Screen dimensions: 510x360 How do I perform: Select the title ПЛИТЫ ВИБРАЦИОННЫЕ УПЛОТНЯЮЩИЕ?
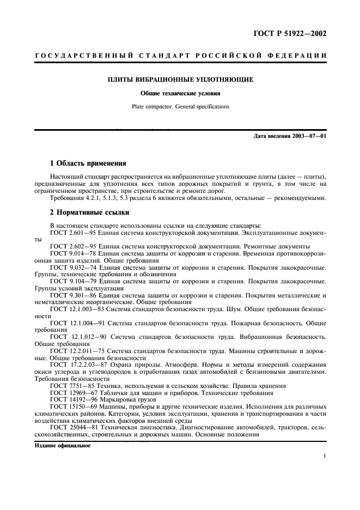(x=180, y=80)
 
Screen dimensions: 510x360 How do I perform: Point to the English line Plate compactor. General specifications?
(x=180, y=106)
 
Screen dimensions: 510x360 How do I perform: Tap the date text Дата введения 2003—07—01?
(x=290, y=136)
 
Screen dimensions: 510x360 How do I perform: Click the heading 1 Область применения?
(x=88, y=163)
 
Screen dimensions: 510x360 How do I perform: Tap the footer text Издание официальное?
(x=62, y=445)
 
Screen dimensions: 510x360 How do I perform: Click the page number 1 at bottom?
(x=324, y=457)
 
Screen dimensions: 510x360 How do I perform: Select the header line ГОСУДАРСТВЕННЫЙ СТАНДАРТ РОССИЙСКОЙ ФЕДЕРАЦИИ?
(x=180, y=56)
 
